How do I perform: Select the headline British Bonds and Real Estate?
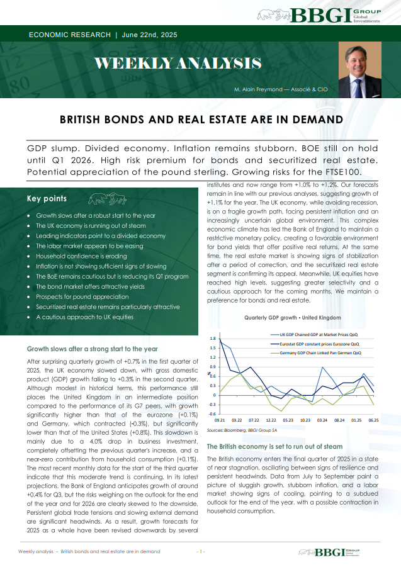pos(201,119)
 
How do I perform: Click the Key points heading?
pos(47,199)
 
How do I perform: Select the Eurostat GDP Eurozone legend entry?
pos(320,344)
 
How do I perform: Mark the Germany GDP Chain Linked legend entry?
pos(320,353)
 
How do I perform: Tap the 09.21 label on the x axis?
pos(220,420)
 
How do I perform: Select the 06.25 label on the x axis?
pos(373,420)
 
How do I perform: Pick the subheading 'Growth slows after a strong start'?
pos(92,349)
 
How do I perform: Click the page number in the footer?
pos(201,551)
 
